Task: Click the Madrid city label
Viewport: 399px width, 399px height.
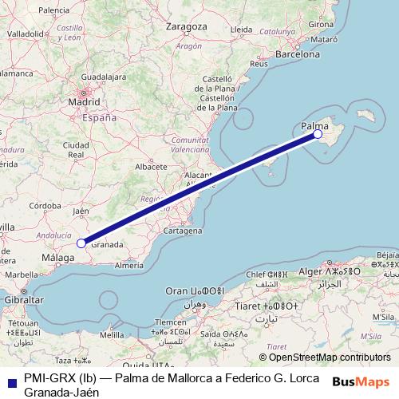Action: coord(84,103)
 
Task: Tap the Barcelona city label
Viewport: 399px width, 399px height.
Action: coord(297,53)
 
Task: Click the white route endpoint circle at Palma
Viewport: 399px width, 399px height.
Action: coord(318,134)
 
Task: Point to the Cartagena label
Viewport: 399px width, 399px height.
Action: coord(183,231)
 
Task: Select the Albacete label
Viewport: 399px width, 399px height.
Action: coord(151,167)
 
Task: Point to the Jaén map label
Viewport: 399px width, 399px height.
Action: coord(81,211)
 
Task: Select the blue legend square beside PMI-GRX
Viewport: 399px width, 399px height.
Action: coord(10,381)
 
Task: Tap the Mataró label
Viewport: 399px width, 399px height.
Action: coord(322,38)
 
